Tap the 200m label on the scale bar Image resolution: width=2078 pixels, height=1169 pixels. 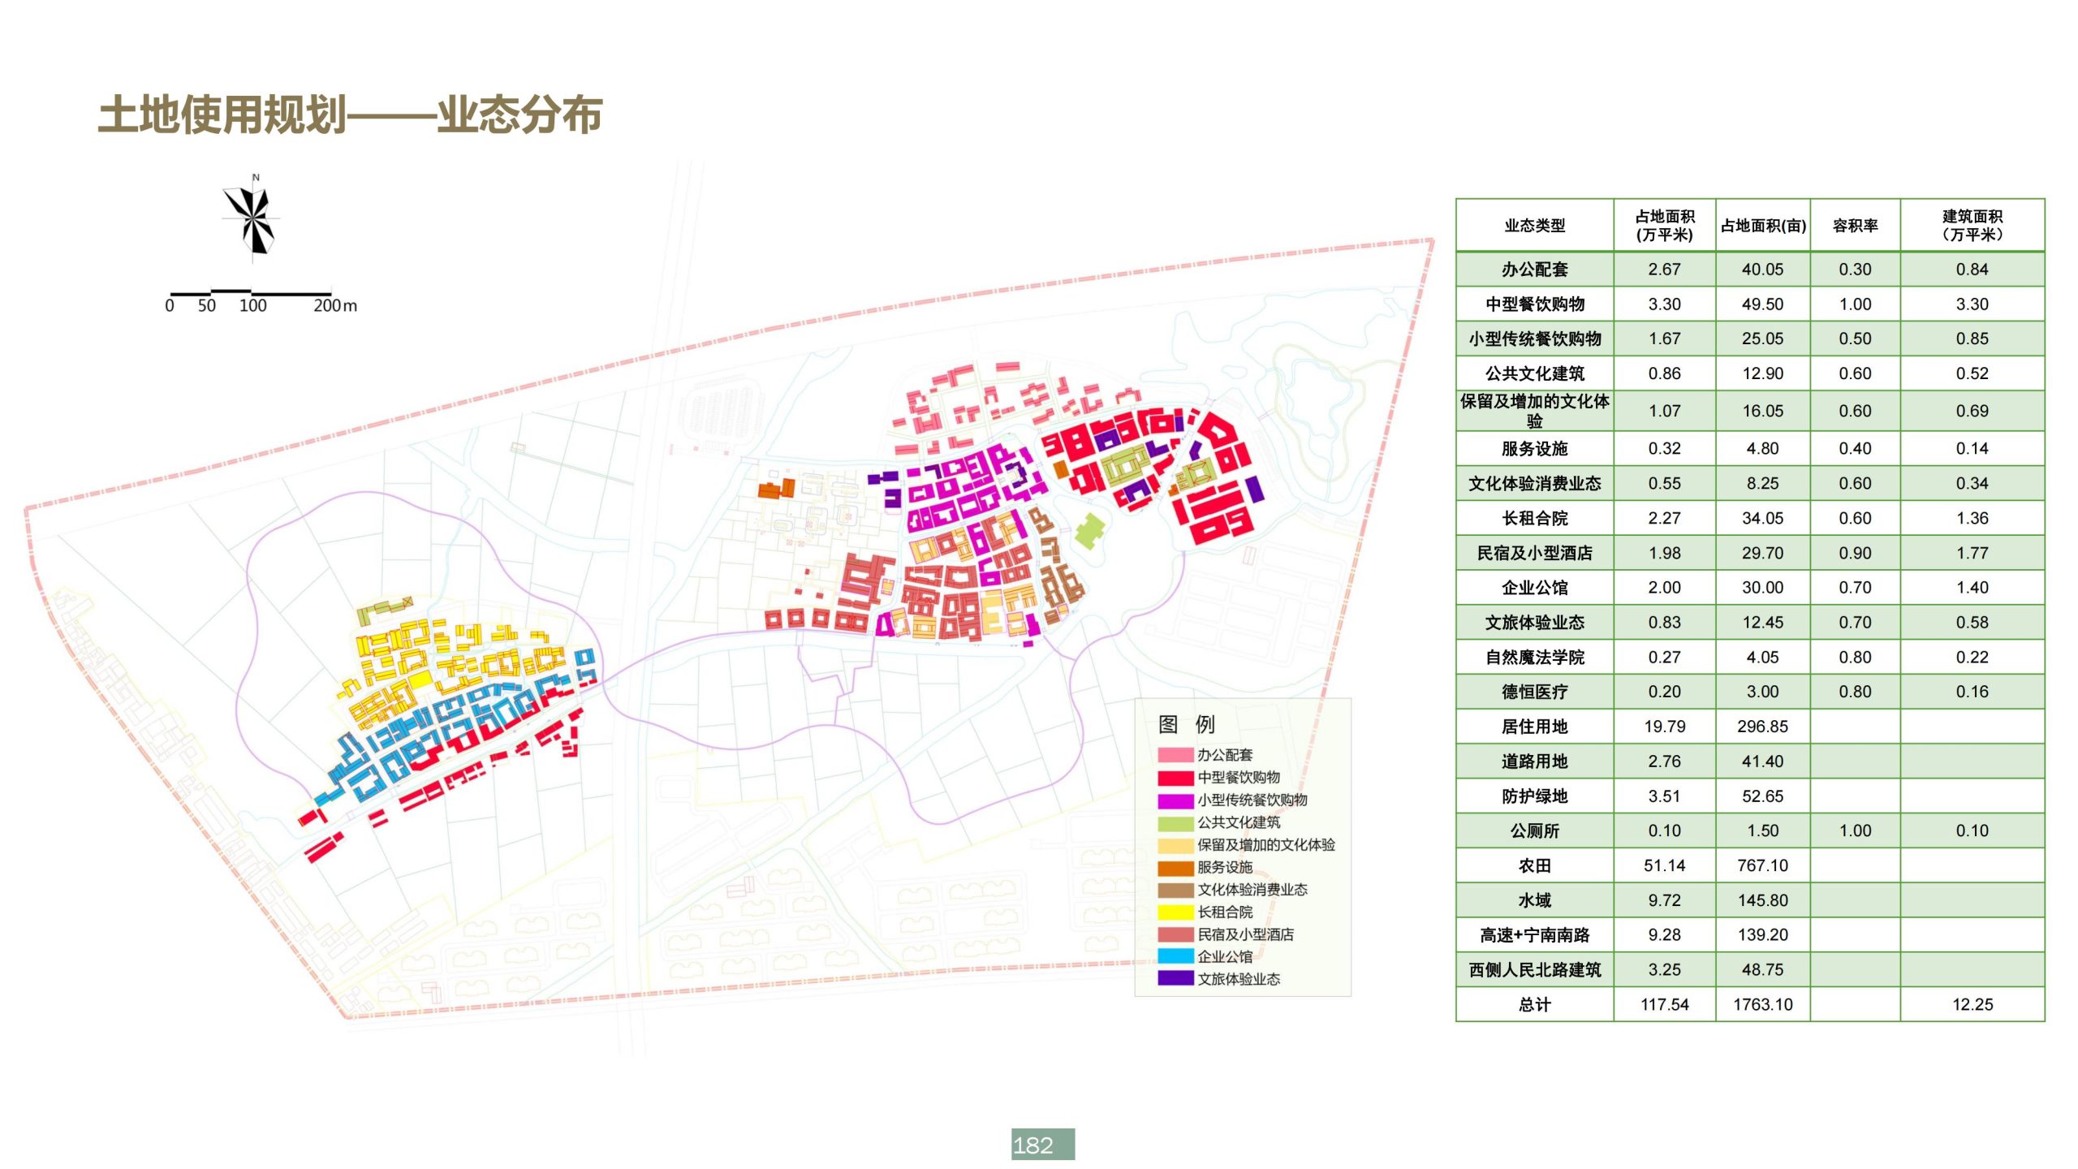point(334,306)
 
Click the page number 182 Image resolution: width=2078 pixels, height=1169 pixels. point(1042,1145)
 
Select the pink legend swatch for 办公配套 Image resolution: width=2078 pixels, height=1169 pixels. point(1175,755)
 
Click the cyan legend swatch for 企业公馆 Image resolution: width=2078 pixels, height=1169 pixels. point(1175,956)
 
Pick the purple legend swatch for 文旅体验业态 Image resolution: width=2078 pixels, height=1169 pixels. point(1175,978)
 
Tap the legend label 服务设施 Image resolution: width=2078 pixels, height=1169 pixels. point(1225,867)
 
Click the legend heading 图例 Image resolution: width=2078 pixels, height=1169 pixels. point(1186,724)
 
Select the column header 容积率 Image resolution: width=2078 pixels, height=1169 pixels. point(1855,226)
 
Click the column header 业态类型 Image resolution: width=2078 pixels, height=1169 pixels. point(1534,226)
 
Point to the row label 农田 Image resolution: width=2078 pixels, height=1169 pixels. point(1534,865)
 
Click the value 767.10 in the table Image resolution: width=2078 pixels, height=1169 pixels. point(1762,865)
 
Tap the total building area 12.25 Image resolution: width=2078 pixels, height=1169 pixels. point(1972,1004)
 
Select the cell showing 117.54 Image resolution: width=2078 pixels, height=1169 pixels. point(1664,1004)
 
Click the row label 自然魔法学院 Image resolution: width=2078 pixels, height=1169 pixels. point(1534,657)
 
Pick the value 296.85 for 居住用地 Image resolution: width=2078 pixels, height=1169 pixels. point(1762,727)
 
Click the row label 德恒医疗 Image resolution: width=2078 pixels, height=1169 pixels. point(1534,692)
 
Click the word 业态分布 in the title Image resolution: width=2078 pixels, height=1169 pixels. point(519,114)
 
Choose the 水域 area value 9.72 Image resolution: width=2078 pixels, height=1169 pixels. point(1664,900)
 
